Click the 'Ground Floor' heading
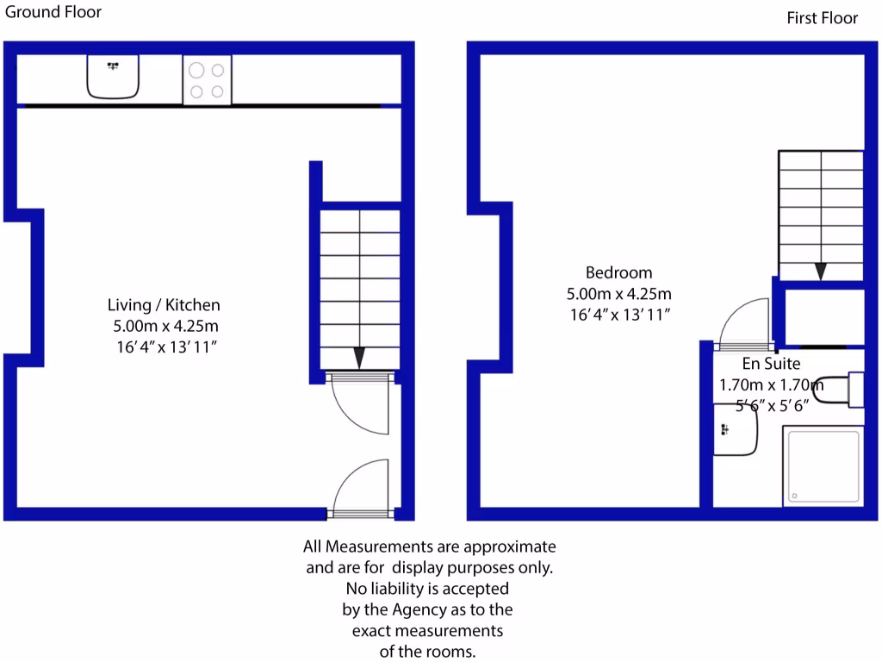tap(53, 12)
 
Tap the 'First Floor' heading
tap(822, 18)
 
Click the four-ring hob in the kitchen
tap(207, 79)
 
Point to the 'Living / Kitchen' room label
tap(164, 304)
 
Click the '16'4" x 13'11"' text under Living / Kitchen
tap(164, 347)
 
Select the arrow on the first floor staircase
tap(821, 271)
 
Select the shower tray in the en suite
tap(823, 465)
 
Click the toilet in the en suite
tap(840, 389)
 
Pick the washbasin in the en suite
tap(734, 429)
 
